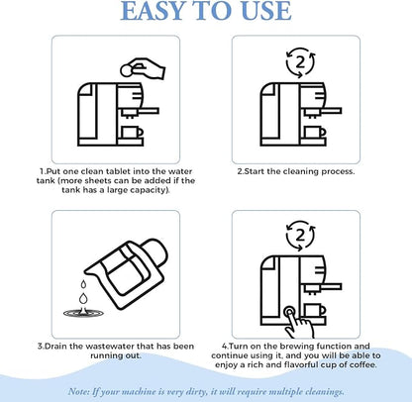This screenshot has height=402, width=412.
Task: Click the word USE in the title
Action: [265, 11]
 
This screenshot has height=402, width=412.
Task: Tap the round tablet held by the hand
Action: [126, 70]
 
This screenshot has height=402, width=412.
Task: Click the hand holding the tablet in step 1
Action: [147, 68]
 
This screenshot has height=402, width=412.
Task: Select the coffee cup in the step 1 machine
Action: [132, 132]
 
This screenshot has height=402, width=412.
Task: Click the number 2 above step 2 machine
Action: [300, 61]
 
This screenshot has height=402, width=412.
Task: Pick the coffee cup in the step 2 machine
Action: [315, 132]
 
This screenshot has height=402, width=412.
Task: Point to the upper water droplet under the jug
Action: [83, 284]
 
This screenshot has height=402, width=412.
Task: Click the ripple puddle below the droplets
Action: [83, 313]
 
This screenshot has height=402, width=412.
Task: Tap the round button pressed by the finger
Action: [289, 311]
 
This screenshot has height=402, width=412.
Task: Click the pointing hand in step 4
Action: [299, 325]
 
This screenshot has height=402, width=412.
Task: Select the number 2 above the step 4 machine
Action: [300, 236]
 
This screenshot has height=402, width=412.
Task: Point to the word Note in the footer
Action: [78, 392]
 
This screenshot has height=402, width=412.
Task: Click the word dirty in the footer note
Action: [196, 392]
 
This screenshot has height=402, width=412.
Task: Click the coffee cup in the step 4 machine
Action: [315, 311]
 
